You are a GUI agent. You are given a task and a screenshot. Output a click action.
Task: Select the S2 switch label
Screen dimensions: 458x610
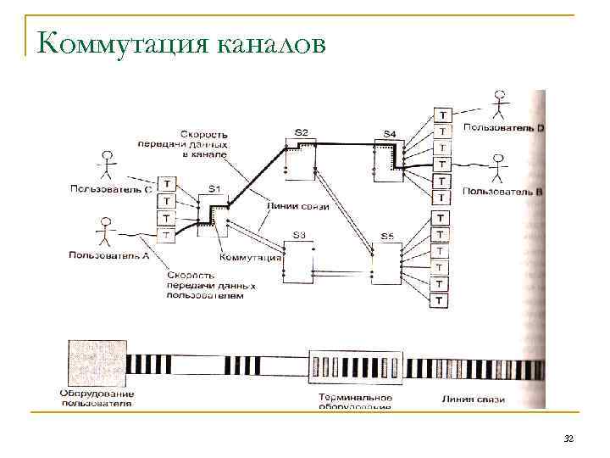click(301, 131)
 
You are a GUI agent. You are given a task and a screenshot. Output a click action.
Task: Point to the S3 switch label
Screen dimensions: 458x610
click(298, 234)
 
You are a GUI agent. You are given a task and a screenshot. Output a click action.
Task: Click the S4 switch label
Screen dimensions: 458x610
click(389, 134)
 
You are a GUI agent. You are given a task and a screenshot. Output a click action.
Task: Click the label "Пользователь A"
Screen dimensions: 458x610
click(109, 254)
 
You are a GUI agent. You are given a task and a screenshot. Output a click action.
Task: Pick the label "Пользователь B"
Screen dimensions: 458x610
click(503, 192)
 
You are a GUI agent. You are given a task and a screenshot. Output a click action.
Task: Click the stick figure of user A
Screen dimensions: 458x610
click(104, 229)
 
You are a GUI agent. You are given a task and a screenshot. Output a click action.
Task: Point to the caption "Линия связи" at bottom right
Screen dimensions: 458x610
click(474, 399)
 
